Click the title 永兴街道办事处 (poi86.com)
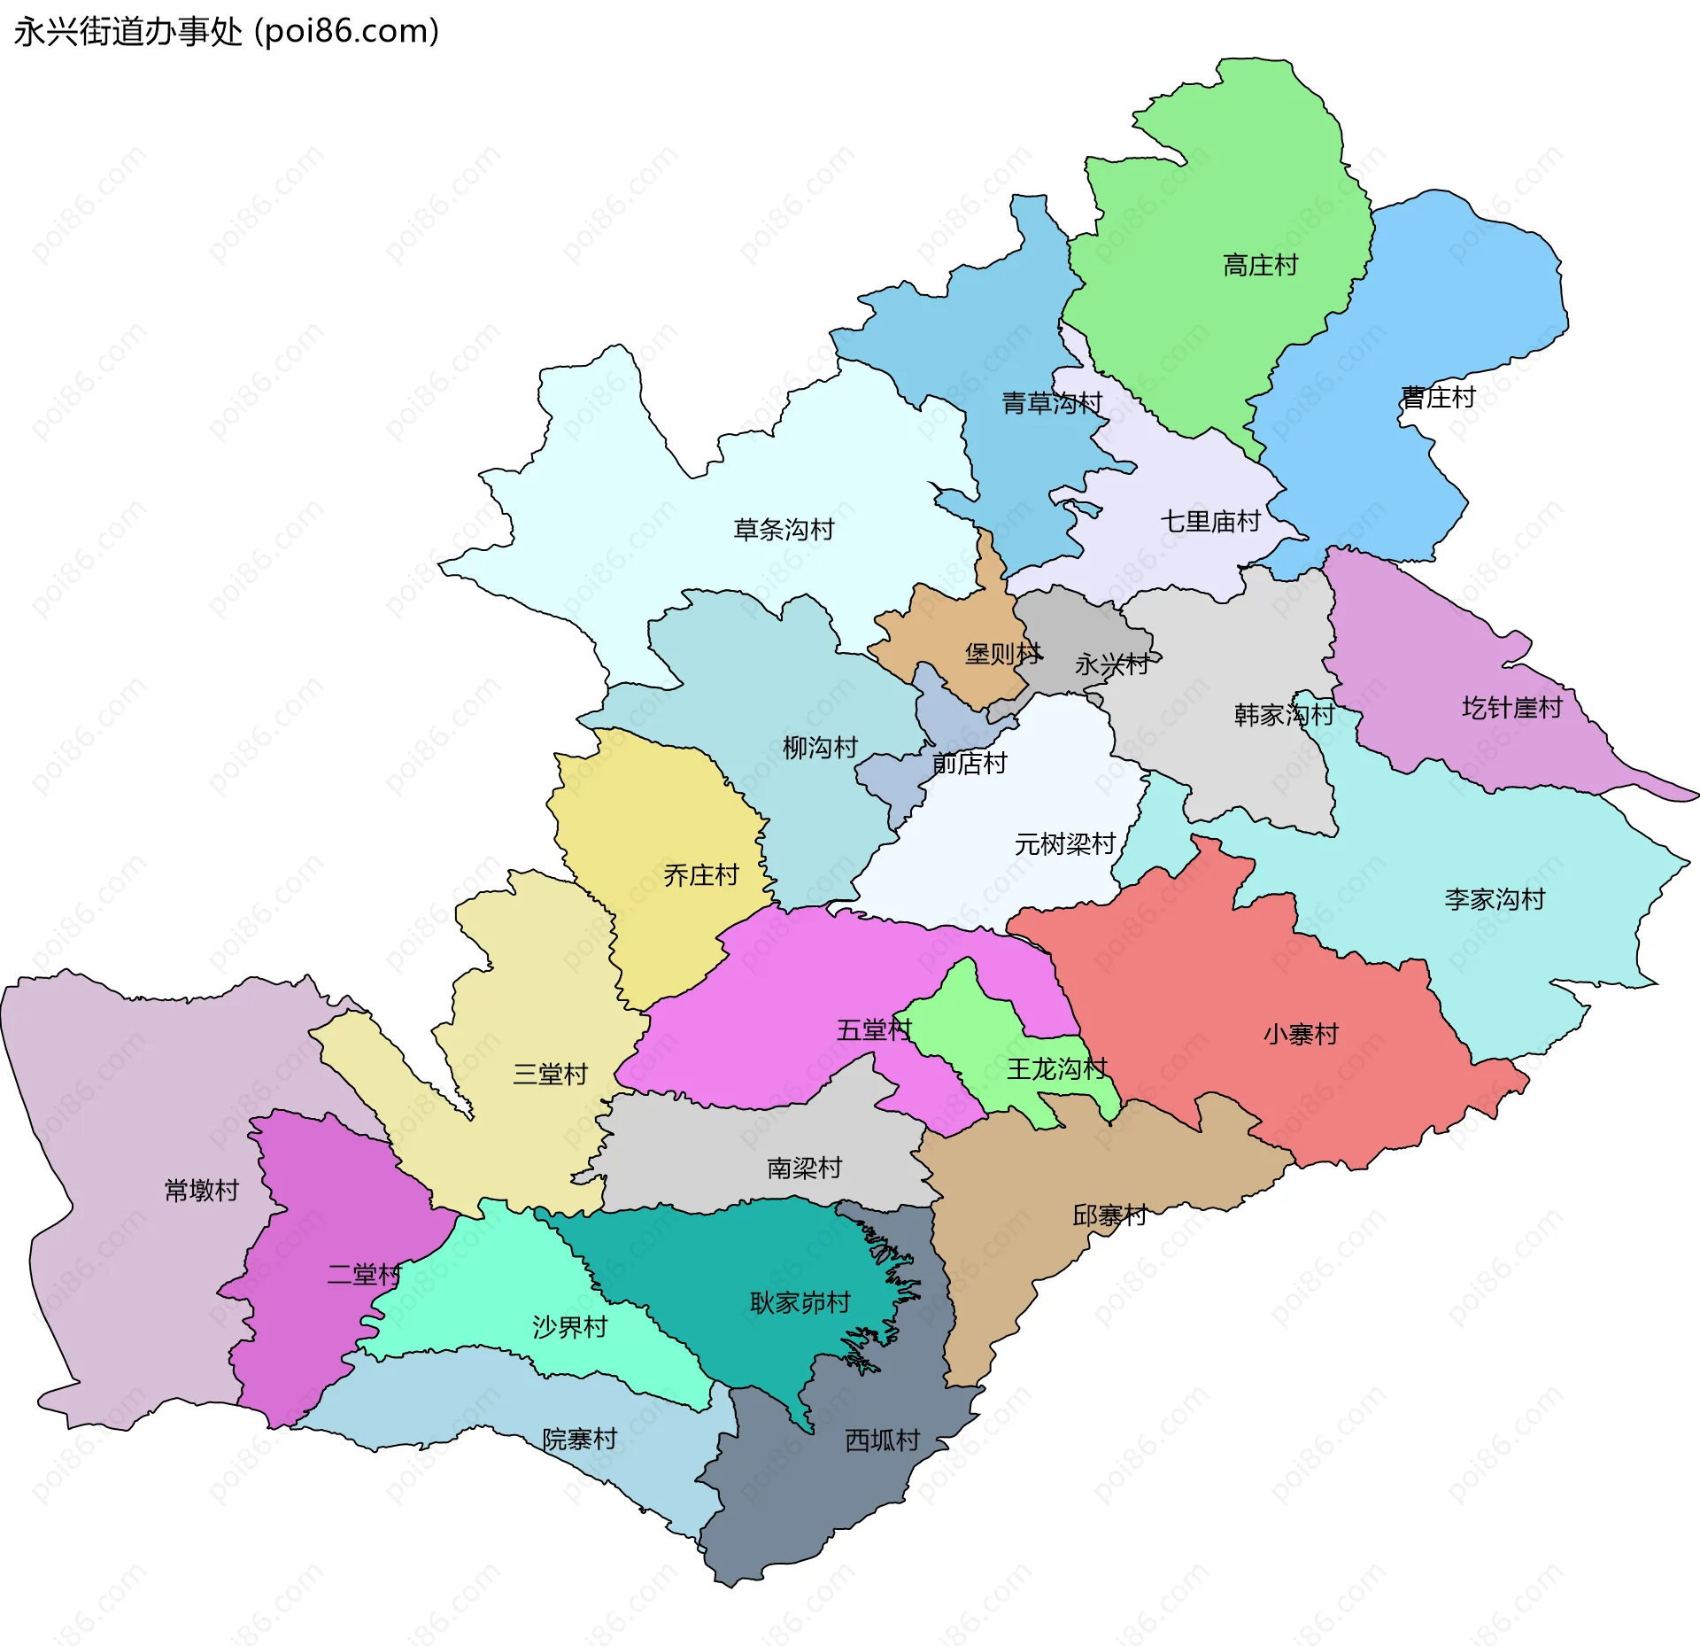tap(227, 32)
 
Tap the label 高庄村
tap(1260, 265)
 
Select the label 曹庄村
tap(1438, 397)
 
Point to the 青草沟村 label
tap(1051, 403)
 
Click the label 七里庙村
tap(1209, 521)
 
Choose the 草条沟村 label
tap(784, 530)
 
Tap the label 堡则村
tap(1002, 654)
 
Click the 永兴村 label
tap(1111, 664)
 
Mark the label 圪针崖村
tap(1511, 707)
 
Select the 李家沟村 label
tap(1495, 899)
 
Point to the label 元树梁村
tap(1064, 844)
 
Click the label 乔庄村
tap(700, 875)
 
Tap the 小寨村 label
tap(1301, 1034)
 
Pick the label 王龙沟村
tap(1056, 1068)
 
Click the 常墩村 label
tap(202, 1190)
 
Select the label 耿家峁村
tap(800, 1302)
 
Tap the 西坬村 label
tap(882, 1440)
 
